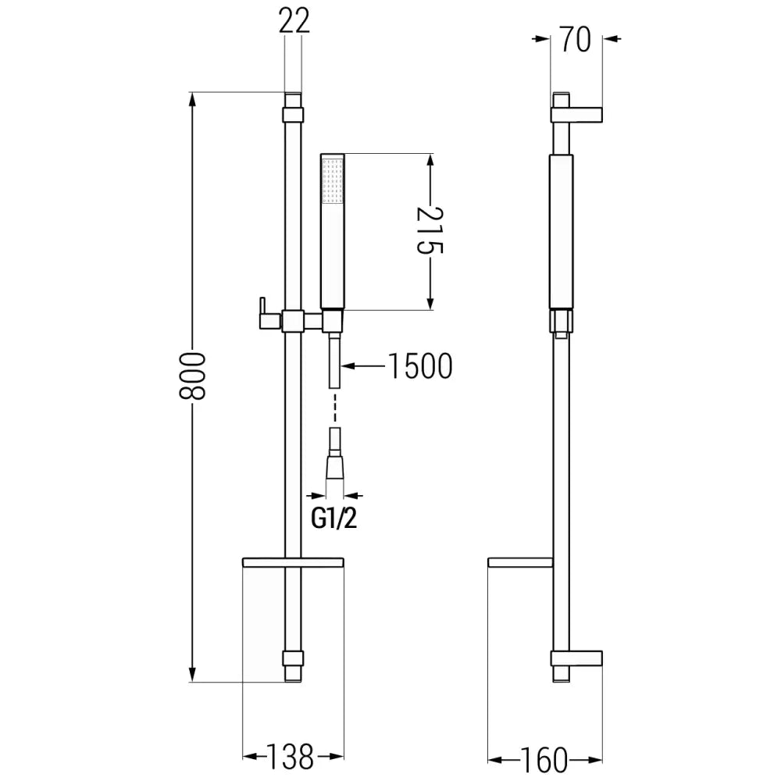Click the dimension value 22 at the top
pos(293,22)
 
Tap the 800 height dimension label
pos(191,376)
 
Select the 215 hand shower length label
pos(430,231)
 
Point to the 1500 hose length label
pos(419,366)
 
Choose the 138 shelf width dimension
pos(290,756)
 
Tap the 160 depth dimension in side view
pos(544,758)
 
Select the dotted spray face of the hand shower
pos(333,180)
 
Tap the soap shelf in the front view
pos(293,562)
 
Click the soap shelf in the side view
pos(519,562)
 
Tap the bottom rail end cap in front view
pos(292,665)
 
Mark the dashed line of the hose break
pos(334,408)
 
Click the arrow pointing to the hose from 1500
pos(350,366)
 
